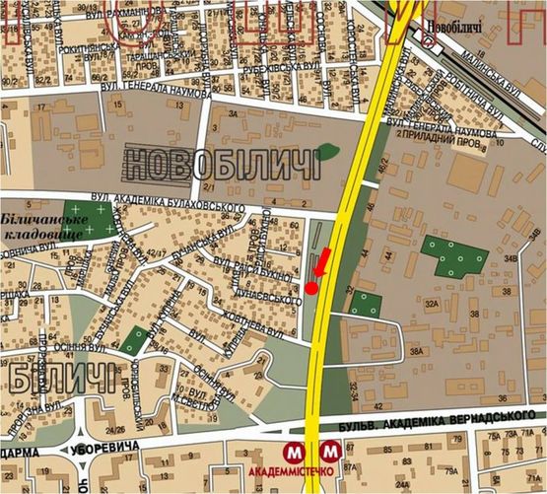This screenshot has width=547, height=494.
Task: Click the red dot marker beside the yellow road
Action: pos(311,288)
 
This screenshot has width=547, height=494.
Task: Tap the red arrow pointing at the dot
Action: pos(321,263)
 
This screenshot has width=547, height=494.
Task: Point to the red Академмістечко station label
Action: pos(310,470)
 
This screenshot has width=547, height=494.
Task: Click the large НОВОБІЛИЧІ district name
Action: pos(225,163)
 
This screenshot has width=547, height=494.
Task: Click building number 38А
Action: pos(416,351)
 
